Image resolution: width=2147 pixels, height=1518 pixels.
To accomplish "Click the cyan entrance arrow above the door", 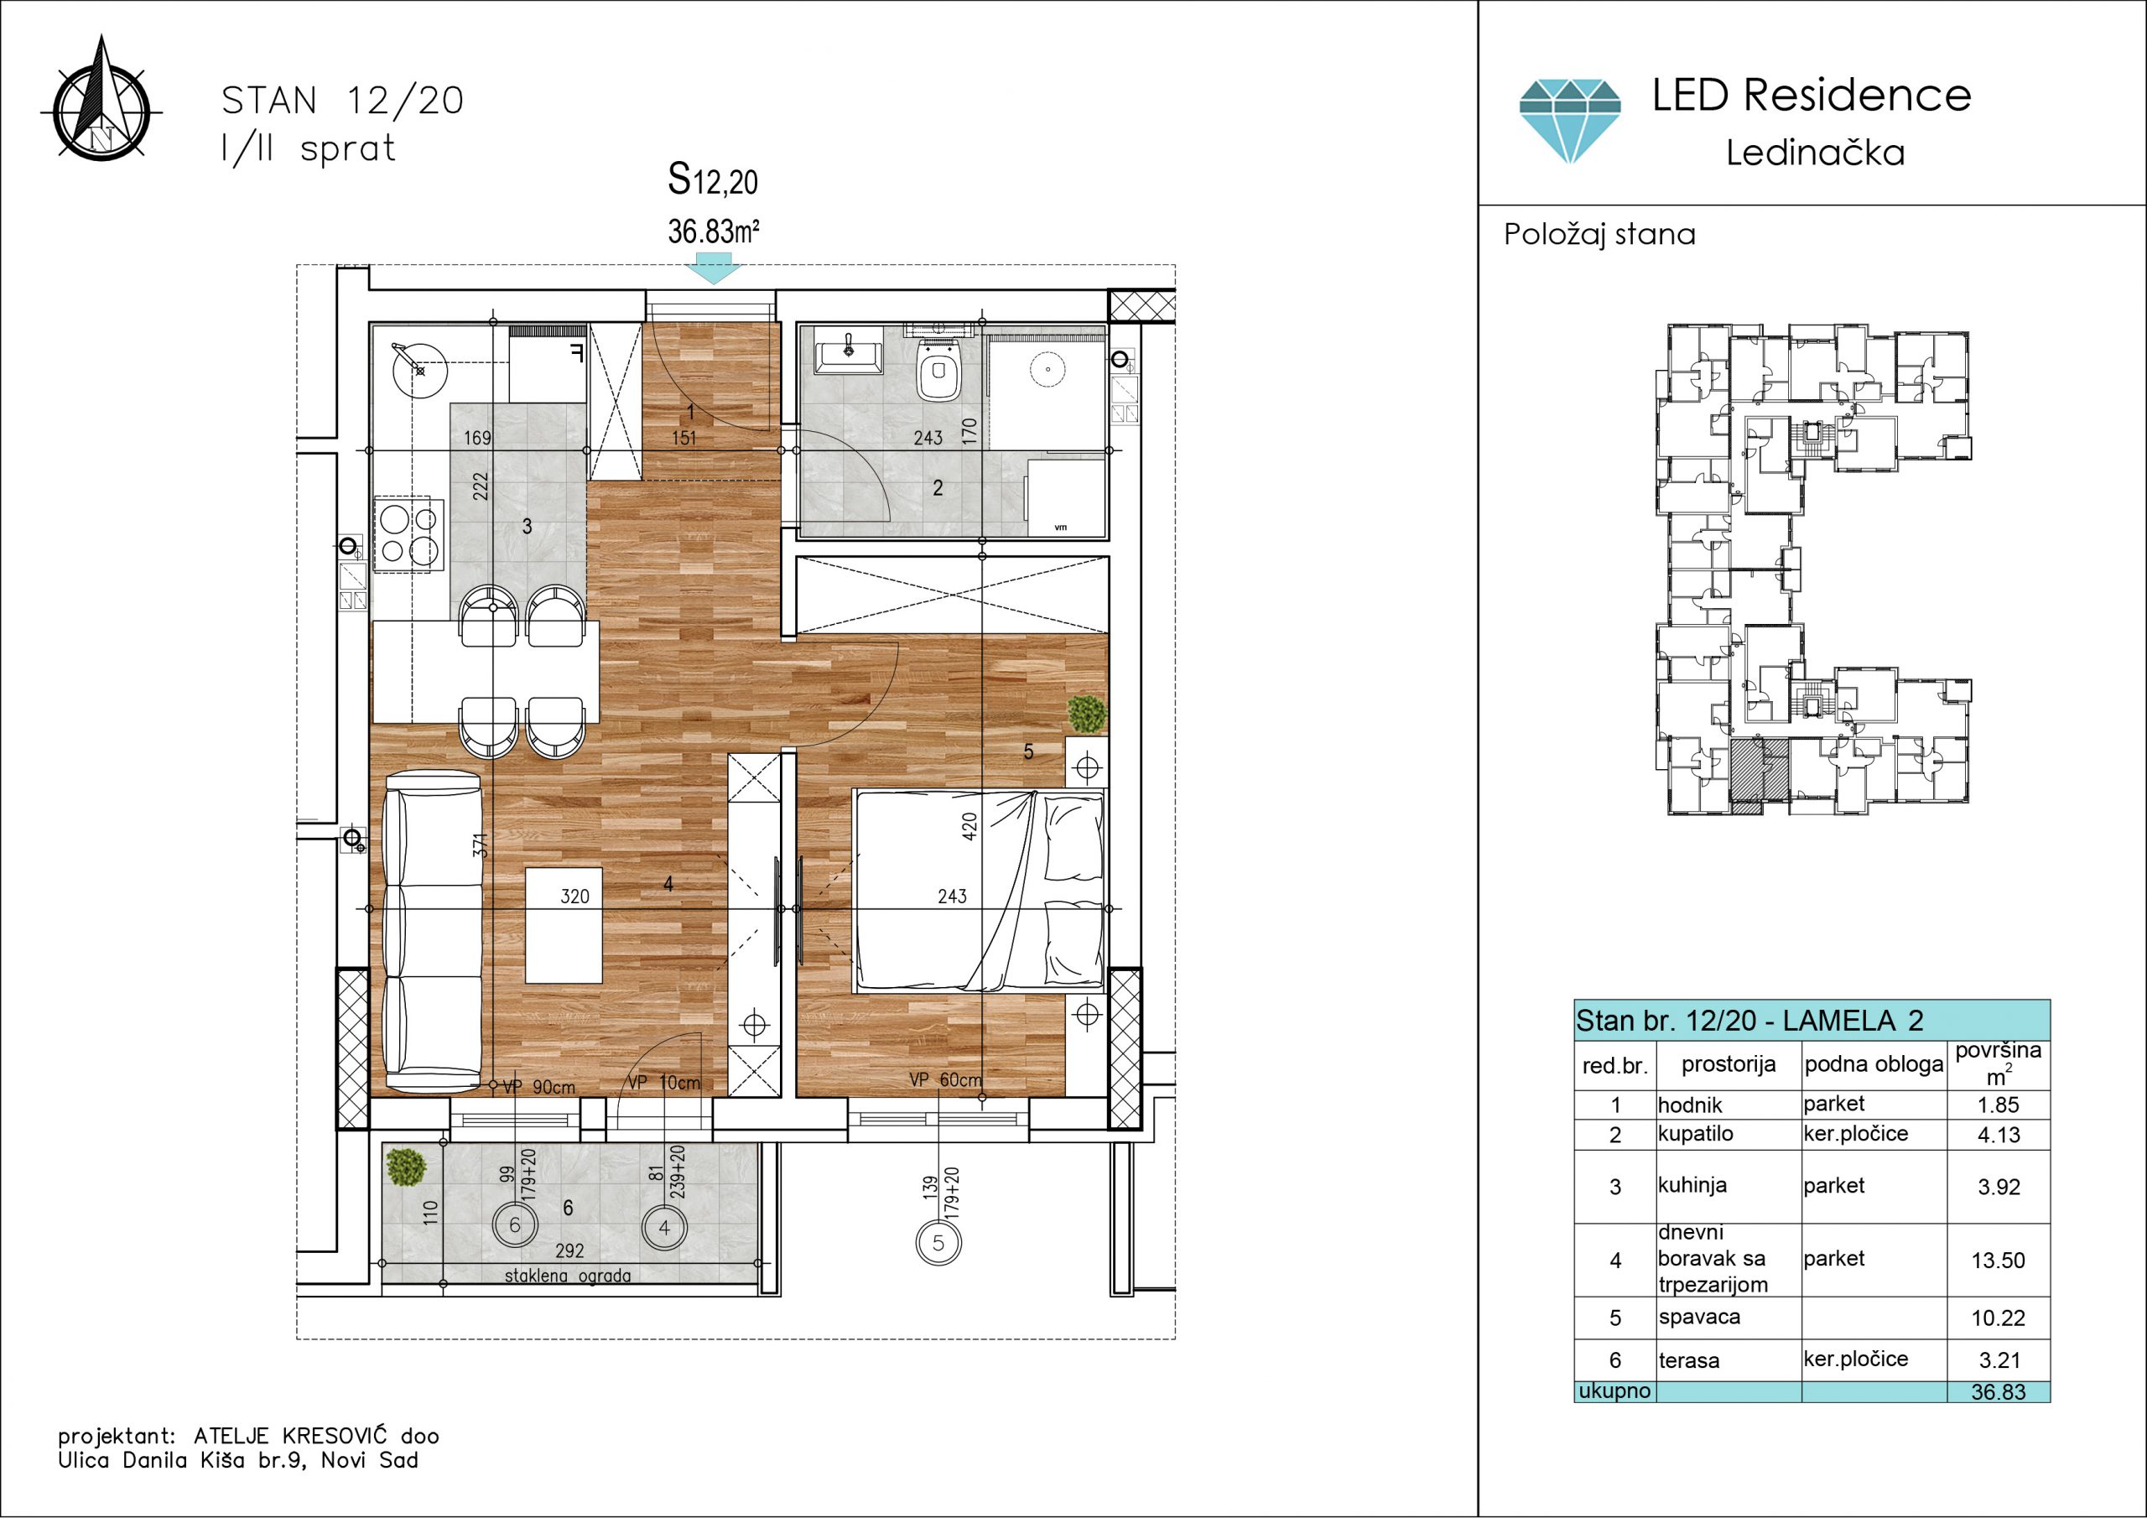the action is click(713, 273).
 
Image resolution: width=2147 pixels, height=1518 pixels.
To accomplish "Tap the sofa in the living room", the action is click(433, 931).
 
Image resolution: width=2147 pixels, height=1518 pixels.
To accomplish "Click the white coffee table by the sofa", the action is click(563, 925).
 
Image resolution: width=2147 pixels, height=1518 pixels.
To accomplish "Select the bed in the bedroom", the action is click(979, 891).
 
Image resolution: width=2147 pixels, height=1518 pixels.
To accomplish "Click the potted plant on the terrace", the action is click(405, 1167).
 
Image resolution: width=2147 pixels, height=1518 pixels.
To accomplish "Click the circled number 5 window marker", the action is click(938, 1243).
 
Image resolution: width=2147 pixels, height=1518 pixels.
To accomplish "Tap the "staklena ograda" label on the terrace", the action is click(568, 1276).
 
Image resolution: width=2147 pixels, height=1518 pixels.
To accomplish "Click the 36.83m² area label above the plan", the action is click(714, 231).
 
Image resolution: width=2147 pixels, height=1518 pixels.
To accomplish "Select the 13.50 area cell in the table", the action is click(1999, 1260).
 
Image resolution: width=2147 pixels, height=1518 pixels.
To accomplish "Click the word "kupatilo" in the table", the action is click(1695, 1134).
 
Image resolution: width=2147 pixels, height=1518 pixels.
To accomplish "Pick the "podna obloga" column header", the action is click(1874, 1064).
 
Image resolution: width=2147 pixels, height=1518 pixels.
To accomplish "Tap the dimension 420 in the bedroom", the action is click(970, 827).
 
